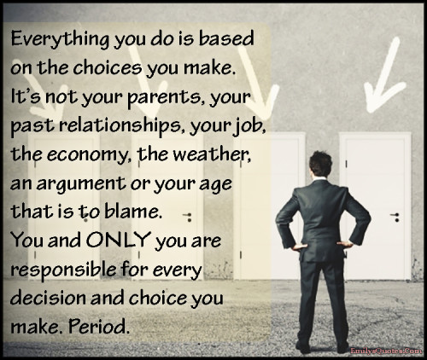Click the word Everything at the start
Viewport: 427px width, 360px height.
click(60, 39)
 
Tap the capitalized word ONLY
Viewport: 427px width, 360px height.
click(119, 240)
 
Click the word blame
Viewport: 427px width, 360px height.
click(132, 211)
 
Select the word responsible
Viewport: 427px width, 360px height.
click(63, 270)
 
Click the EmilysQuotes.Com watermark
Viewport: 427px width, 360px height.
click(386, 351)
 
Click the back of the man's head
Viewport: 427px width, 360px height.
click(321, 164)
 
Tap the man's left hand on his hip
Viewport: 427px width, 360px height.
click(301, 245)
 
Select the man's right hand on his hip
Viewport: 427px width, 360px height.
click(345, 245)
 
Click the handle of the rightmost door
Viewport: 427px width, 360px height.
click(395, 216)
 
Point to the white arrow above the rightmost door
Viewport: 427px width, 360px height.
click(383, 77)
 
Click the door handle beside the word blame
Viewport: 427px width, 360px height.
click(188, 216)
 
